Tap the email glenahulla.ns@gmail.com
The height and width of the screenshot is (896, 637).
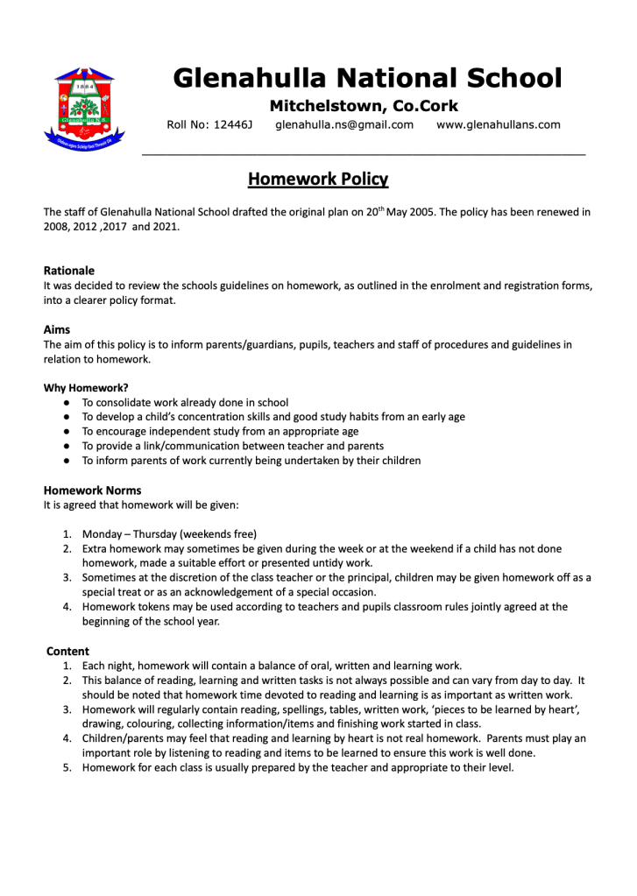click(343, 125)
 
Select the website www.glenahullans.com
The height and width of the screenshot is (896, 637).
click(498, 125)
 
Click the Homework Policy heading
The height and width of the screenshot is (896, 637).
click(317, 180)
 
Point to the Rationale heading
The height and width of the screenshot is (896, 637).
click(68, 271)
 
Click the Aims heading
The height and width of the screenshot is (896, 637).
click(57, 330)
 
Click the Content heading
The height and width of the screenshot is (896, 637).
click(67, 651)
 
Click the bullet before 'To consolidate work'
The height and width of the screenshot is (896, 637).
click(67, 403)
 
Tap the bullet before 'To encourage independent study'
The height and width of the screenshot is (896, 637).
click(67, 432)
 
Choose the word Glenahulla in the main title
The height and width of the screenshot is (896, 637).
click(248, 79)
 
